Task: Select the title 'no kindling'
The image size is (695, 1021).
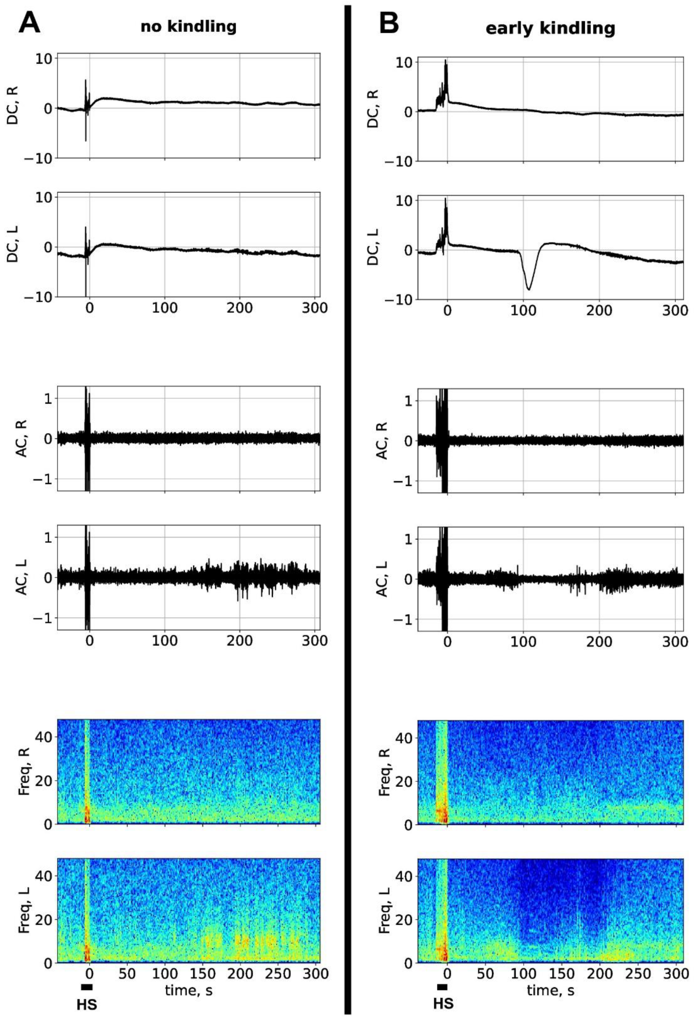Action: tap(188, 27)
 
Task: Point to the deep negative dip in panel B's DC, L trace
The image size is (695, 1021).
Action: tap(529, 288)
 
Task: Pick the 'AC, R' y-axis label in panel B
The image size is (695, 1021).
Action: tap(382, 441)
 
